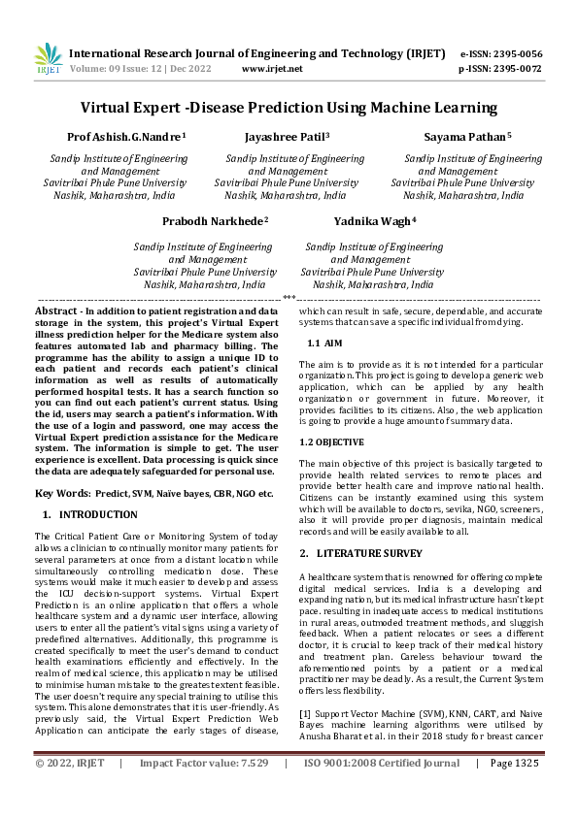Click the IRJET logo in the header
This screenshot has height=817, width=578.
(x=48, y=59)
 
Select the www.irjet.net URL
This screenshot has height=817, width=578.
(x=272, y=69)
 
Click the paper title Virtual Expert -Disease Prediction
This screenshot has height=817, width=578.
(x=289, y=107)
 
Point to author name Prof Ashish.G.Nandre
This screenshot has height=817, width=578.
(x=126, y=138)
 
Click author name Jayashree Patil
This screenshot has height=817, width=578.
(x=287, y=138)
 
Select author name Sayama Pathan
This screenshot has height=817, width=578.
(x=467, y=138)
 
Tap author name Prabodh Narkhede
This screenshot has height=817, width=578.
(x=215, y=221)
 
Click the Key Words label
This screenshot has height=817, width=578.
(x=63, y=494)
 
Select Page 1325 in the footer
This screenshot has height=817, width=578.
(x=513, y=791)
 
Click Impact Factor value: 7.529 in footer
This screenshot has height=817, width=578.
(x=204, y=791)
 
